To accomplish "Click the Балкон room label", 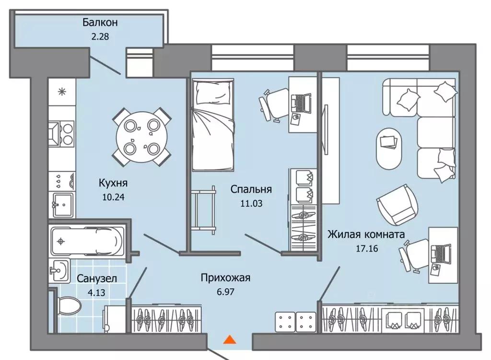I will (100, 23).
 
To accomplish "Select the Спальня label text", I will (251, 189).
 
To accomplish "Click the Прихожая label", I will (225, 278).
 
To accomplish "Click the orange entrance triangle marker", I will (230, 339).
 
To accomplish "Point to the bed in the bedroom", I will (213, 126).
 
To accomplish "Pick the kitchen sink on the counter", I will (62, 205).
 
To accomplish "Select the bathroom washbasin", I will (59, 271).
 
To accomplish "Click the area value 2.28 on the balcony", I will (100, 36).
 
